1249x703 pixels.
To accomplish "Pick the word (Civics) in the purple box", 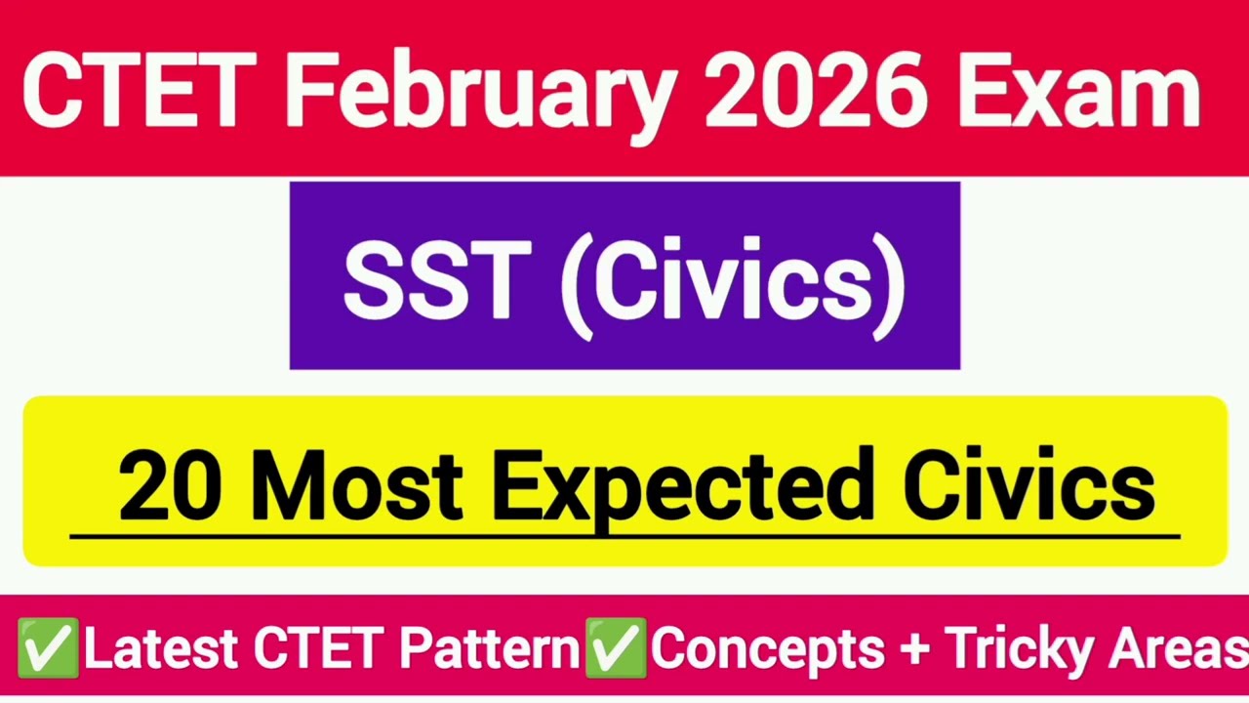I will tap(733, 283).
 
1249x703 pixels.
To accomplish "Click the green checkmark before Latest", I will tap(47, 647).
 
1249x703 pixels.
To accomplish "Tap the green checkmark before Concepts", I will tap(615, 647).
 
